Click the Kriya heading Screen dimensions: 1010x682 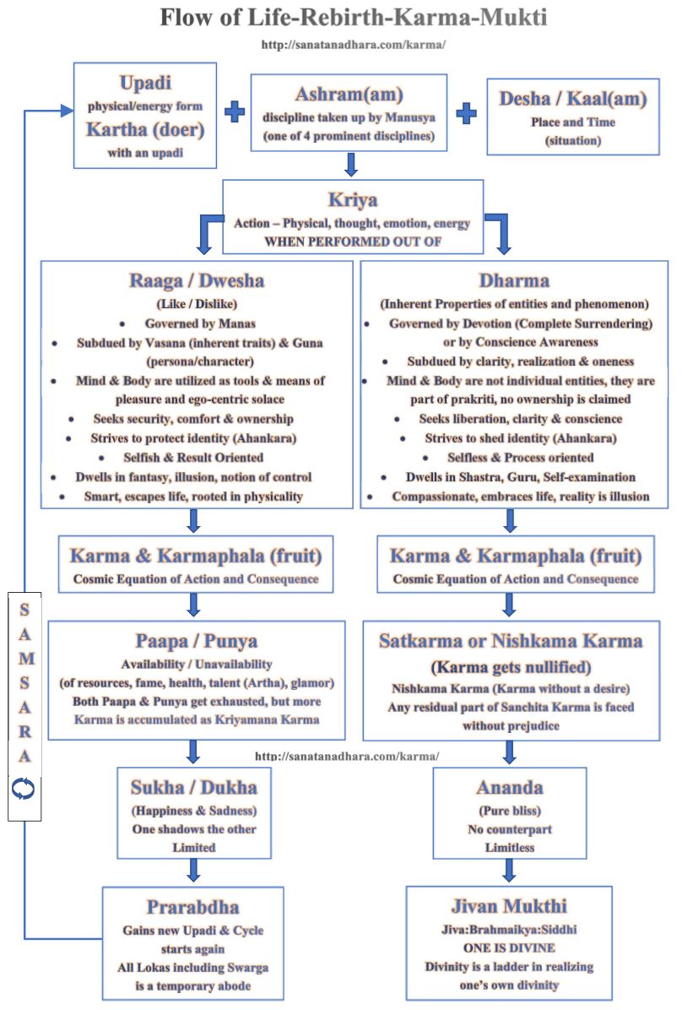click(x=352, y=201)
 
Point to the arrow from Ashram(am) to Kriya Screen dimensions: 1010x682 click(x=352, y=163)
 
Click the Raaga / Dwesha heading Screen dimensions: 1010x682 click(x=195, y=281)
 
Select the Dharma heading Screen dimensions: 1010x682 click(x=513, y=281)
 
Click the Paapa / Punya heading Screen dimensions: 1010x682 click(x=195, y=642)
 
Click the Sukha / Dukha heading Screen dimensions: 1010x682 click(x=193, y=788)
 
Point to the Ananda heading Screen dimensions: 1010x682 click(x=509, y=788)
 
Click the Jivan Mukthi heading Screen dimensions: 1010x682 click(x=509, y=907)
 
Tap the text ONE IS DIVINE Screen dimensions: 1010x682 click(x=508, y=948)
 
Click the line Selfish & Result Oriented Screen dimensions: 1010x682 click(x=195, y=457)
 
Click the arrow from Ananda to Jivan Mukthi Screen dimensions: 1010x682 click(x=509, y=870)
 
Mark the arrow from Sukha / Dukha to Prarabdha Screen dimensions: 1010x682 click(x=193, y=870)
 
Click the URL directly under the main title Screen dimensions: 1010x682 click(x=354, y=44)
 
